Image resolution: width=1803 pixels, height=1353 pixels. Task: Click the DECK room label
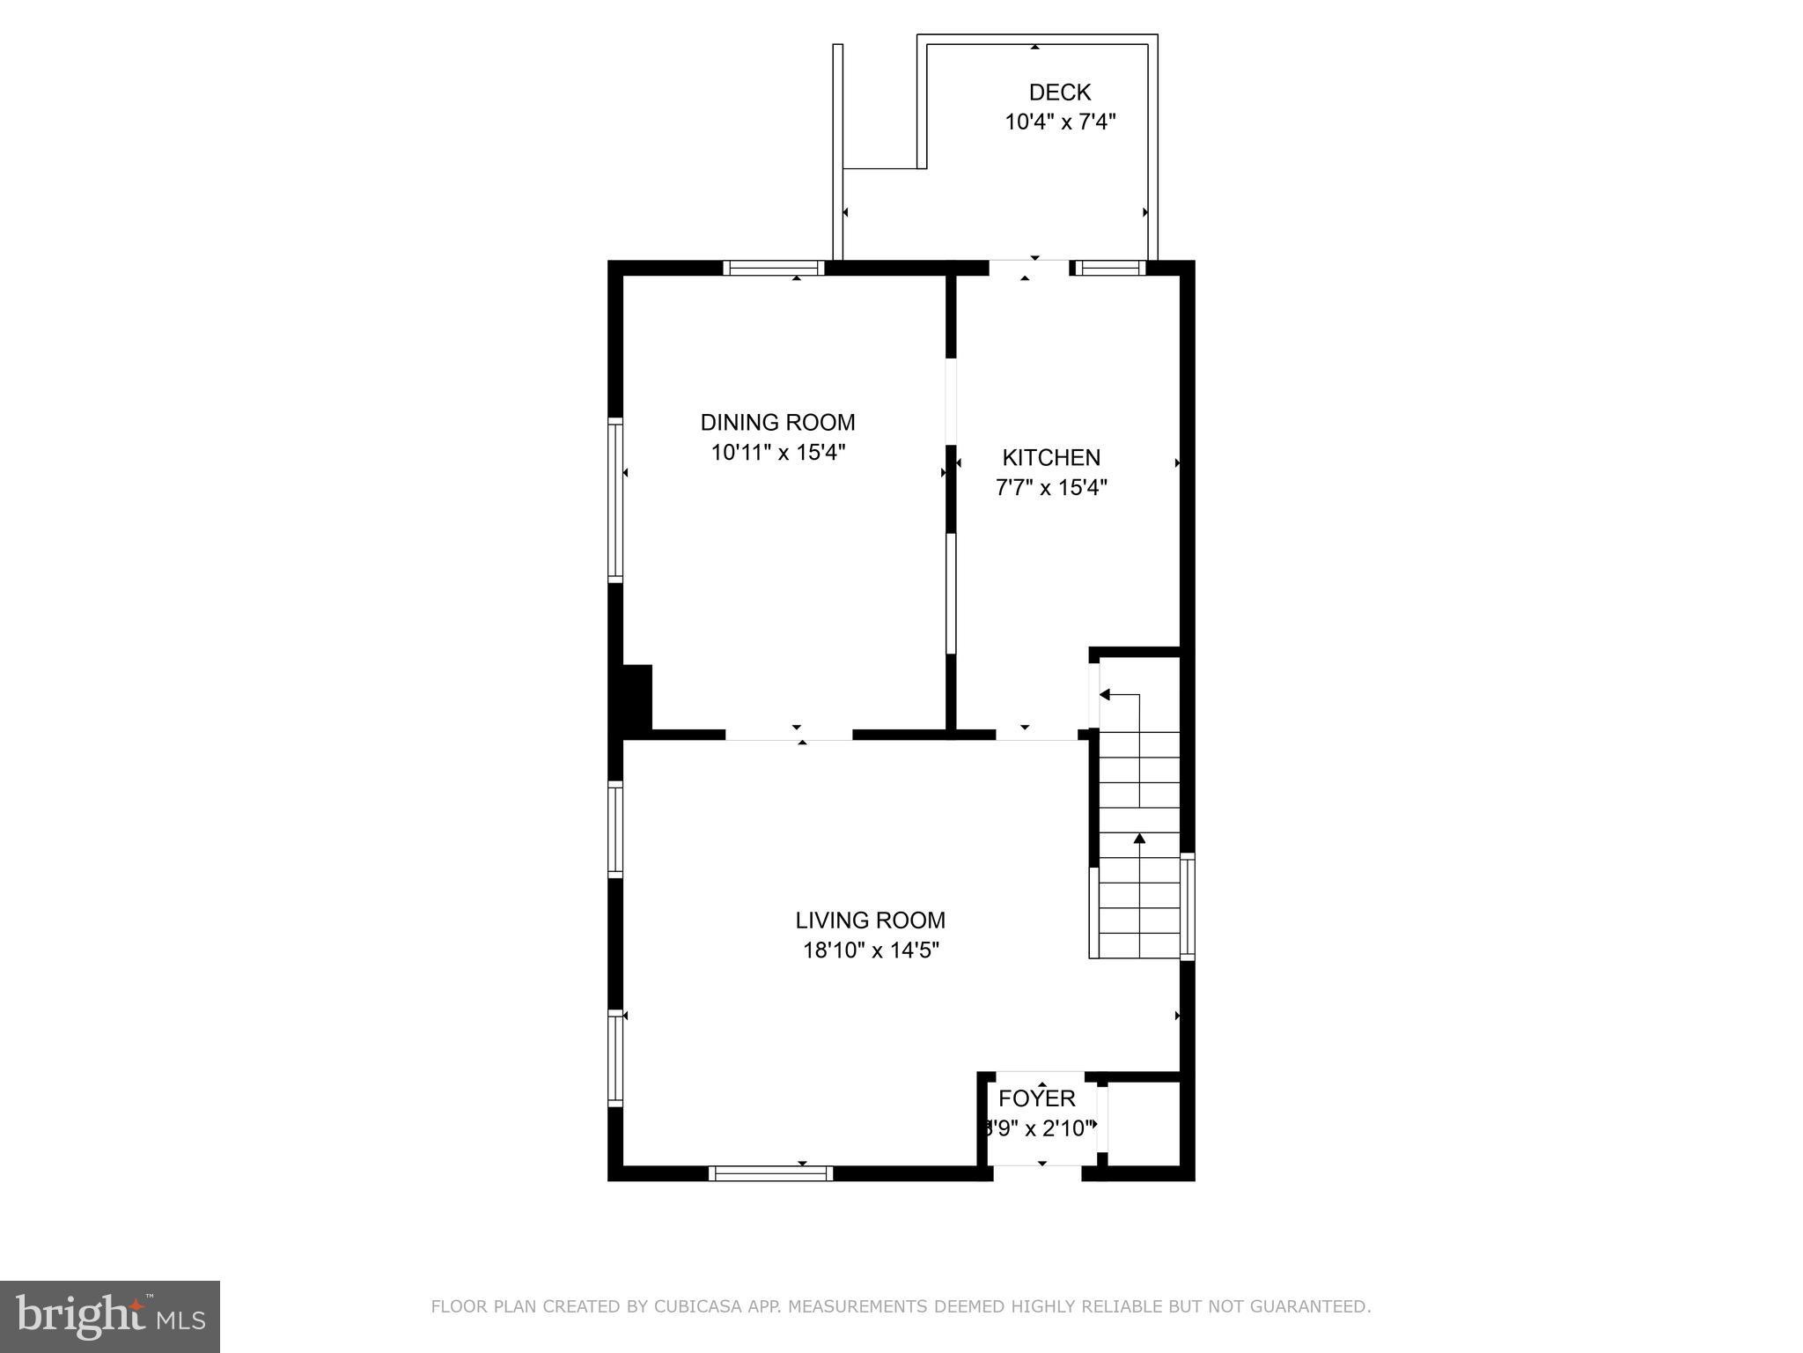pos(1059,92)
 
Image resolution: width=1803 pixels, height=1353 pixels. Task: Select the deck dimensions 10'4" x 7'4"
pos(1060,122)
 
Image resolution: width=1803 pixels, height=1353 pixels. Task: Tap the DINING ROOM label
pos(777,423)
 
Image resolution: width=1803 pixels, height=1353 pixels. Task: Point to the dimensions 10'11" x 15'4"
pos(777,453)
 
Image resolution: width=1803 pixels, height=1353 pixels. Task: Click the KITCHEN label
pos(1051,458)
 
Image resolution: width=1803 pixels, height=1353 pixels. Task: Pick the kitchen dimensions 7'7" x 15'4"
pos(1051,488)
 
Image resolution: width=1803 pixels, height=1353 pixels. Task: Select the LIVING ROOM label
pos(870,920)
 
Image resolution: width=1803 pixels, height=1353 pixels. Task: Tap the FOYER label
pos(1037,1098)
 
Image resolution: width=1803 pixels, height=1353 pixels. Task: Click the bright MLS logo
pos(110,1317)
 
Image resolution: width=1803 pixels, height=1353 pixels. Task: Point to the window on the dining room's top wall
pos(774,268)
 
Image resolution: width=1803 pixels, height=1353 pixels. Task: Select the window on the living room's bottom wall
pos(770,1172)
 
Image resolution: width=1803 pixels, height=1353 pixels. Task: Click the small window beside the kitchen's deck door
pos(1108,268)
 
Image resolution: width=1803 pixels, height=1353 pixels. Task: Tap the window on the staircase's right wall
pos(1187,906)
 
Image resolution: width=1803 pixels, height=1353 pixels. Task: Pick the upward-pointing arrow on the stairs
pos(1139,839)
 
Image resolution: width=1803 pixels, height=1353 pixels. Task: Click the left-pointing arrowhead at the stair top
pos(1104,695)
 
